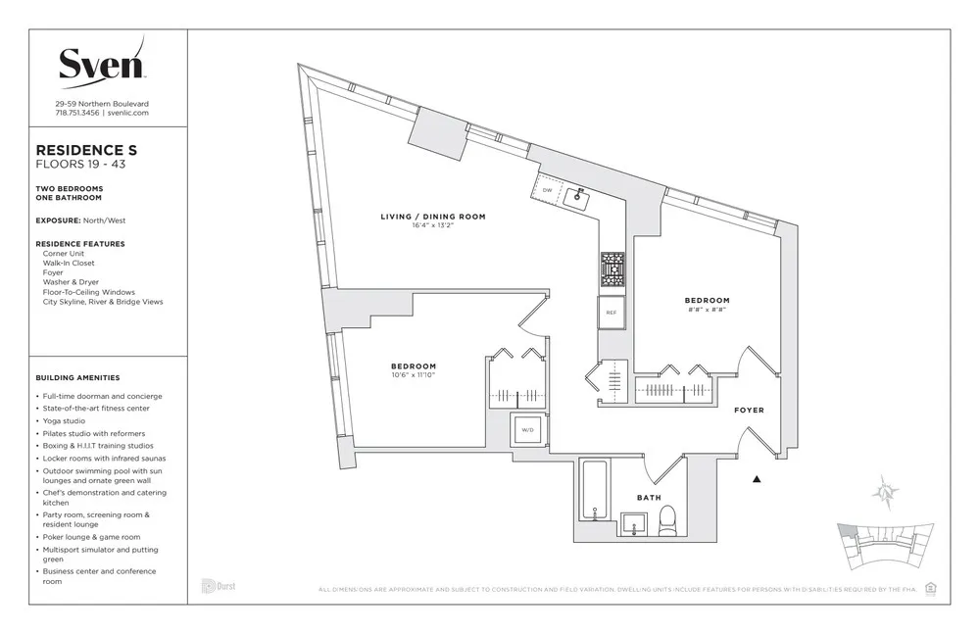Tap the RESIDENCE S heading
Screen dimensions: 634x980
tap(86, 150)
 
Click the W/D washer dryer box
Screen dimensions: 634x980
tap(527, 429)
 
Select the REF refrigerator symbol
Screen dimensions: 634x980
tap(611, 313)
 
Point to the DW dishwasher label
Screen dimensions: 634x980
tap(547, 190)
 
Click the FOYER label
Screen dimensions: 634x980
tap(749, 410)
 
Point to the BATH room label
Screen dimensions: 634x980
tap(649, 498)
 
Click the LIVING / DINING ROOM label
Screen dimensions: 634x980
tap(433, 217)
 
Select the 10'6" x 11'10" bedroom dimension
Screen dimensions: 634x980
tap(413, 375)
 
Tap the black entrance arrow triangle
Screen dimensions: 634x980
tap(757, 479)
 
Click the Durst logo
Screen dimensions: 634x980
tap(218, 586)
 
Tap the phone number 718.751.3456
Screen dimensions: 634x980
tap(77, 113)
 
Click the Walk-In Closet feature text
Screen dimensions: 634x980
tap(69, 263)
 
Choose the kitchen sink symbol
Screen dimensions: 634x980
tap(578, 197)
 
